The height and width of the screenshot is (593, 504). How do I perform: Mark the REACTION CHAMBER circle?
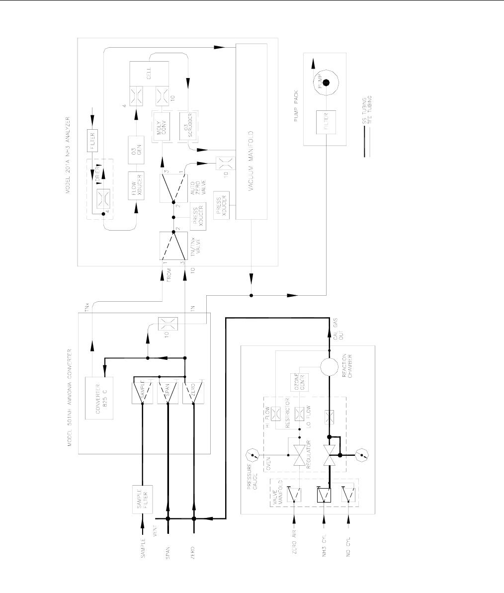[x=329, y=368]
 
